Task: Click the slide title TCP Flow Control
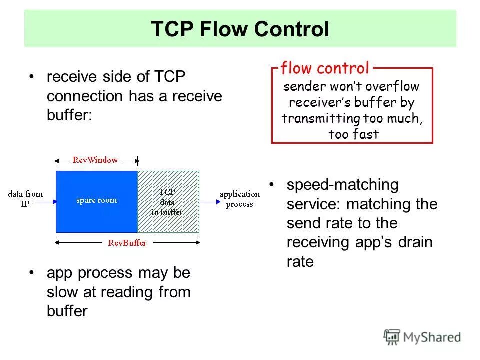240,29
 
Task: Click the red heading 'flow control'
325,68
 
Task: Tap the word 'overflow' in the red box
393,86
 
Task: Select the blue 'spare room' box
96,201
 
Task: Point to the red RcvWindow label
95,160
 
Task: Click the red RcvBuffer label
127,243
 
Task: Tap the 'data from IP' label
25,199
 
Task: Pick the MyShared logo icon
392,336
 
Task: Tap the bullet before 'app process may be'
32,273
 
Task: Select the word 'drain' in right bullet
415,243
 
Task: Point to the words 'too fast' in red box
353,134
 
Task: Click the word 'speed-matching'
342,185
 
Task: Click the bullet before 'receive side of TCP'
32,77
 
